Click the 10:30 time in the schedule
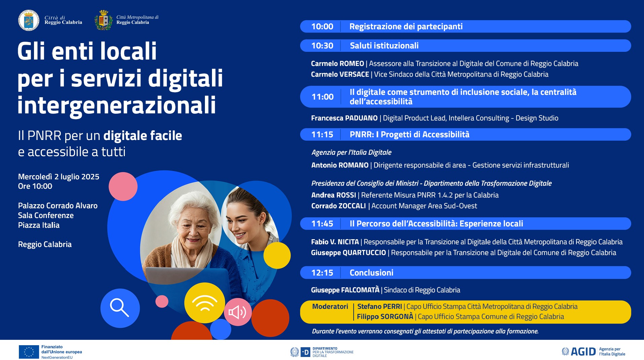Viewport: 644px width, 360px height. tap(322, 46)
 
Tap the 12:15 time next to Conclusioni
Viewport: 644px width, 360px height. tap(322, 273)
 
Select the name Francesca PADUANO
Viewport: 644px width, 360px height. tap(344, 118)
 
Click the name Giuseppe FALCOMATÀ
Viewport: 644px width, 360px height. tap(345, 290)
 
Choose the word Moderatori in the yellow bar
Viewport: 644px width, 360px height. tap(330, 307)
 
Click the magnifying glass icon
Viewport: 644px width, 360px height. tap(119, 308)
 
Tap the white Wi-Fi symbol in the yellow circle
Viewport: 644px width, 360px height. tap(205, 303)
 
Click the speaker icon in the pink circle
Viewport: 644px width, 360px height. tap(238, 312)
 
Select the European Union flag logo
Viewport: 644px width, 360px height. tap(29, 352)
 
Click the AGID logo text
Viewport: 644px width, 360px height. tap(583, 352)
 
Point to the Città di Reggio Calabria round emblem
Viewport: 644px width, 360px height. tap(29, 21)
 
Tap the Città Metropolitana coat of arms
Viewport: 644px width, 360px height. tap(104, 21)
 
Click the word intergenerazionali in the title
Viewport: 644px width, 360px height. tap(116, 106)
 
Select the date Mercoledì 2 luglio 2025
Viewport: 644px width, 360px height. tap(59, 177)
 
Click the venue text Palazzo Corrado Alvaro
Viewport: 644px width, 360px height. tap(58, 206)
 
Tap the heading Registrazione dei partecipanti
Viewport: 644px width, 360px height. tap(406, 27)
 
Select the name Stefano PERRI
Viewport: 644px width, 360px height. tap(379, 307)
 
